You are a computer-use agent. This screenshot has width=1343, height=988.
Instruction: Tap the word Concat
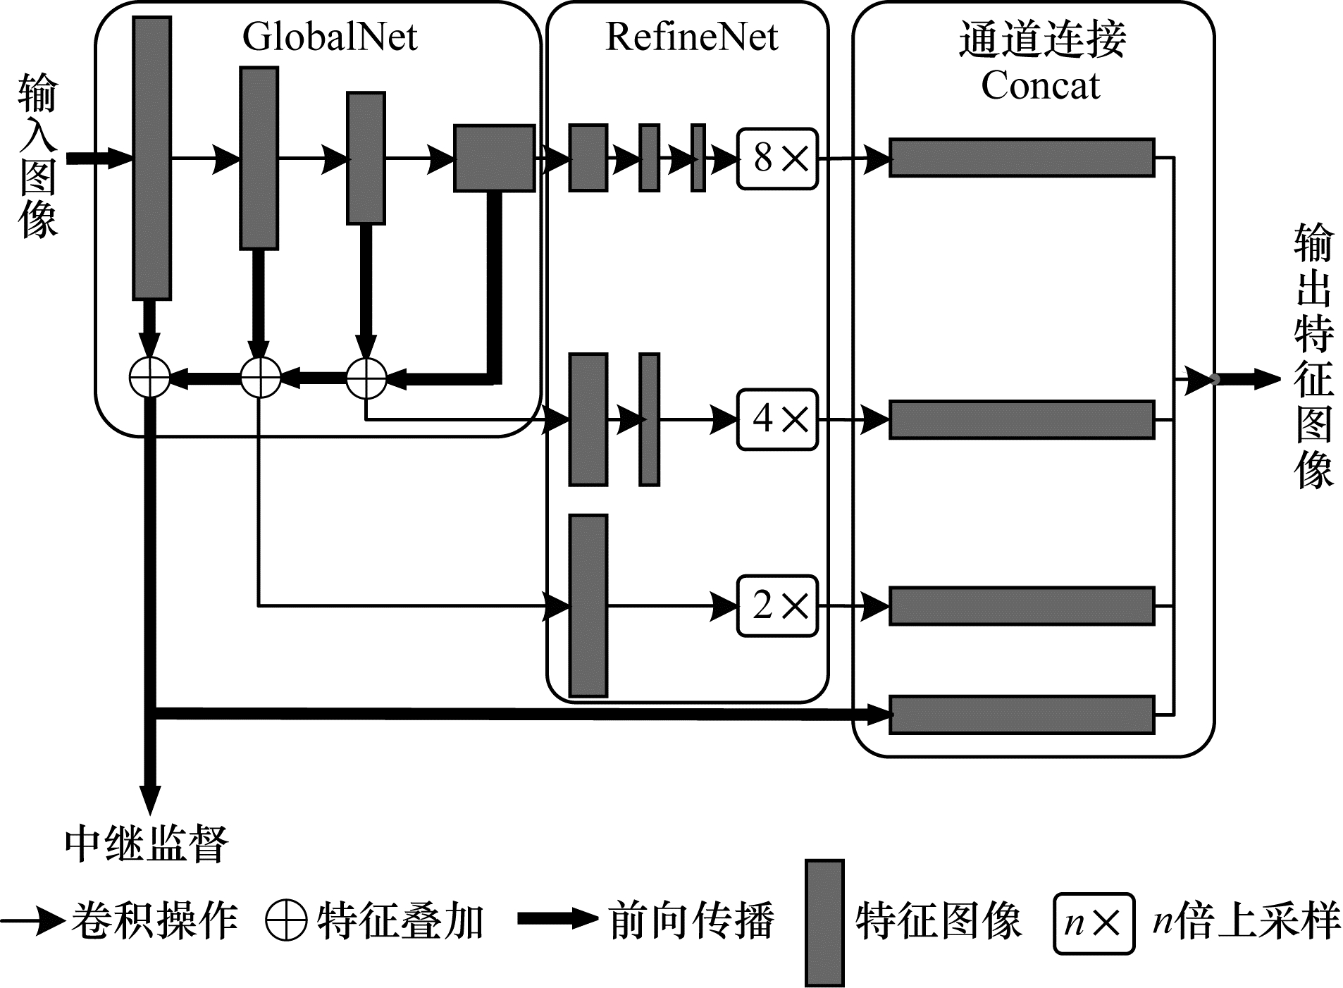(1040, 86)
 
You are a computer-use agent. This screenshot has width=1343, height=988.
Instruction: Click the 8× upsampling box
(777, 159)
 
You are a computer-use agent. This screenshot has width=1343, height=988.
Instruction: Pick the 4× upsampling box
(777, 419)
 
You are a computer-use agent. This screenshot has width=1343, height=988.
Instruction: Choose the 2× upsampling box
(777, 606)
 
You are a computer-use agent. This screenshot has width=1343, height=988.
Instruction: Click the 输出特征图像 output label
(1313, 356)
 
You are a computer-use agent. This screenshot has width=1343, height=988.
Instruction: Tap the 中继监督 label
(147, 844)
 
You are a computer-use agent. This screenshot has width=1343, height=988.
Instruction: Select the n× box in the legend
(1094, 923)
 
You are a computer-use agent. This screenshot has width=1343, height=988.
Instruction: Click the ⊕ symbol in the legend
(286, 920)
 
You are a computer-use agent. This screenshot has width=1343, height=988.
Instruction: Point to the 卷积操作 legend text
(154, 920)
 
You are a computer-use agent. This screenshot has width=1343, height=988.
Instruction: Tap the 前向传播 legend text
(691, 920)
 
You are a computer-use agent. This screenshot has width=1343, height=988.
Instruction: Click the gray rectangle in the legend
(824, 922)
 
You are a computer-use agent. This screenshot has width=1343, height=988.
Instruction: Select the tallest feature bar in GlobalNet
(151, 159)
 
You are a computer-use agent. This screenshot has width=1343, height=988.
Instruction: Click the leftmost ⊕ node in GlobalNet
(150, 378)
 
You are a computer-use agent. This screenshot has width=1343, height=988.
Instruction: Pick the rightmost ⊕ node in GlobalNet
(366, 378)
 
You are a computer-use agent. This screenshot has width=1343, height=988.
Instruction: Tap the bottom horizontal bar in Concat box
(1022, 715)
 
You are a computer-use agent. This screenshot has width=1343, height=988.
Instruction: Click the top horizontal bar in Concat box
(1022, 157)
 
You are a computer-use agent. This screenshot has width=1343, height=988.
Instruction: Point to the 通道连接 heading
(1042, 39)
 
